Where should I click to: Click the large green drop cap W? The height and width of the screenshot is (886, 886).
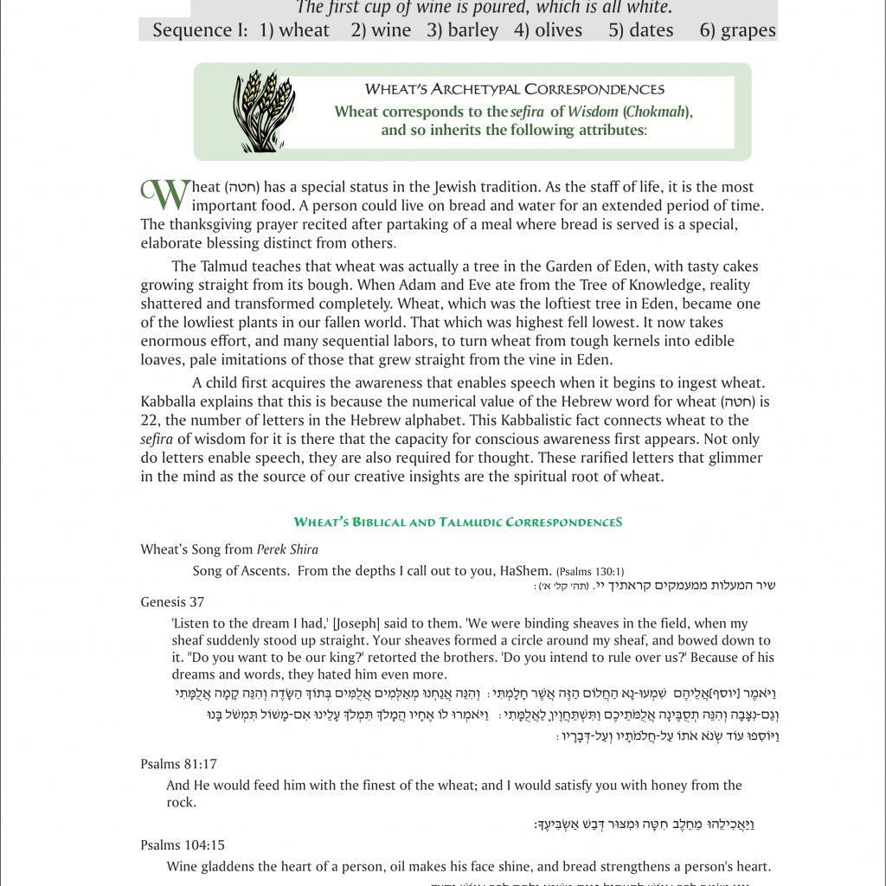coord(164,195)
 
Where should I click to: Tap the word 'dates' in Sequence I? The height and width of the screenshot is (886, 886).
coord(652,30)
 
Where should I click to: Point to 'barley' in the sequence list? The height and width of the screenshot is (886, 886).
coord(472,30)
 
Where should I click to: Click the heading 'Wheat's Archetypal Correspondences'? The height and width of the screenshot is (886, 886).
coord(514,89)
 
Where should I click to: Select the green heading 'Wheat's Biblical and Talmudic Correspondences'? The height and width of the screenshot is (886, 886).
coord(458,522)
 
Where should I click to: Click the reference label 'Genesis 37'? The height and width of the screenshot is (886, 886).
coord(172,601)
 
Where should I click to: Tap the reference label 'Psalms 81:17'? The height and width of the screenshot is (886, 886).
coord(178,764)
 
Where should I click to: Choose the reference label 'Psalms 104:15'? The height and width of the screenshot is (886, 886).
coord(183,844)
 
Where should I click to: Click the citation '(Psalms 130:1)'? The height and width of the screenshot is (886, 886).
coord(589,571)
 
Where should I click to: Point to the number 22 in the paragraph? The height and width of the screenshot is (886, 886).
coord(150,421)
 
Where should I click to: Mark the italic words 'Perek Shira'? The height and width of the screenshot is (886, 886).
coord(287,549)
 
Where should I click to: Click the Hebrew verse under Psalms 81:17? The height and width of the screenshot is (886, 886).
coord(644,825)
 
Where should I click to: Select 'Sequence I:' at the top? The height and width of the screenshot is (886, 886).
coord(205,30)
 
